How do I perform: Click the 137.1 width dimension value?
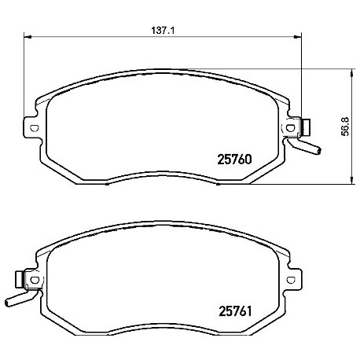(x=163, y=31)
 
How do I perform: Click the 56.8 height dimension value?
(x=346, y=127)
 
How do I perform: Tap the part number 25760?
(x=234, y=159)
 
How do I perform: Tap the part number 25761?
(x=235, y=311)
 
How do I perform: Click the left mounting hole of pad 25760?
(x=35, y=128)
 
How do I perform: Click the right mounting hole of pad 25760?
(x=290, y=128)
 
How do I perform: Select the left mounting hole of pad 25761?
(x=35, y=280)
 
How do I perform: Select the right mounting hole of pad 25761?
(x=291, y=280)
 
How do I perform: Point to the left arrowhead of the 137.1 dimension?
(x=28, y=37)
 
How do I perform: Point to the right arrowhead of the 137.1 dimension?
(x=298, y=37)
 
